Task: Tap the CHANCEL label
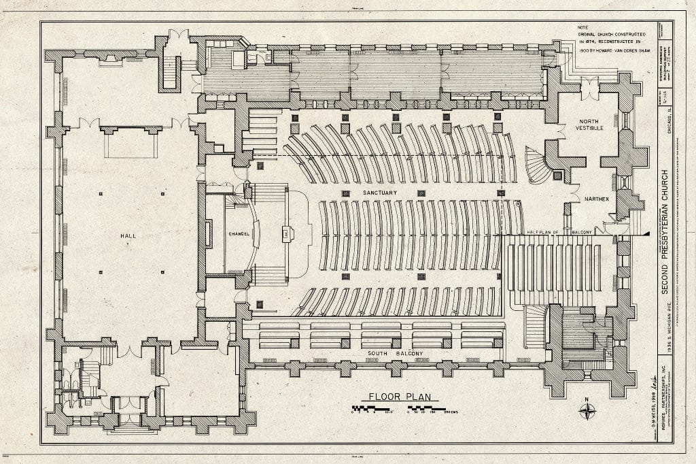[x=239, y=234]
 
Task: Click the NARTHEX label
[x=595, y=199]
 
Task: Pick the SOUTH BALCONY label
[x=387, y=354]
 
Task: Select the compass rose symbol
[x=587, y=411]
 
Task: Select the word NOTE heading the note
[x=585, y=27]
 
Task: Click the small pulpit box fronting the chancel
[x=286, y=234]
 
